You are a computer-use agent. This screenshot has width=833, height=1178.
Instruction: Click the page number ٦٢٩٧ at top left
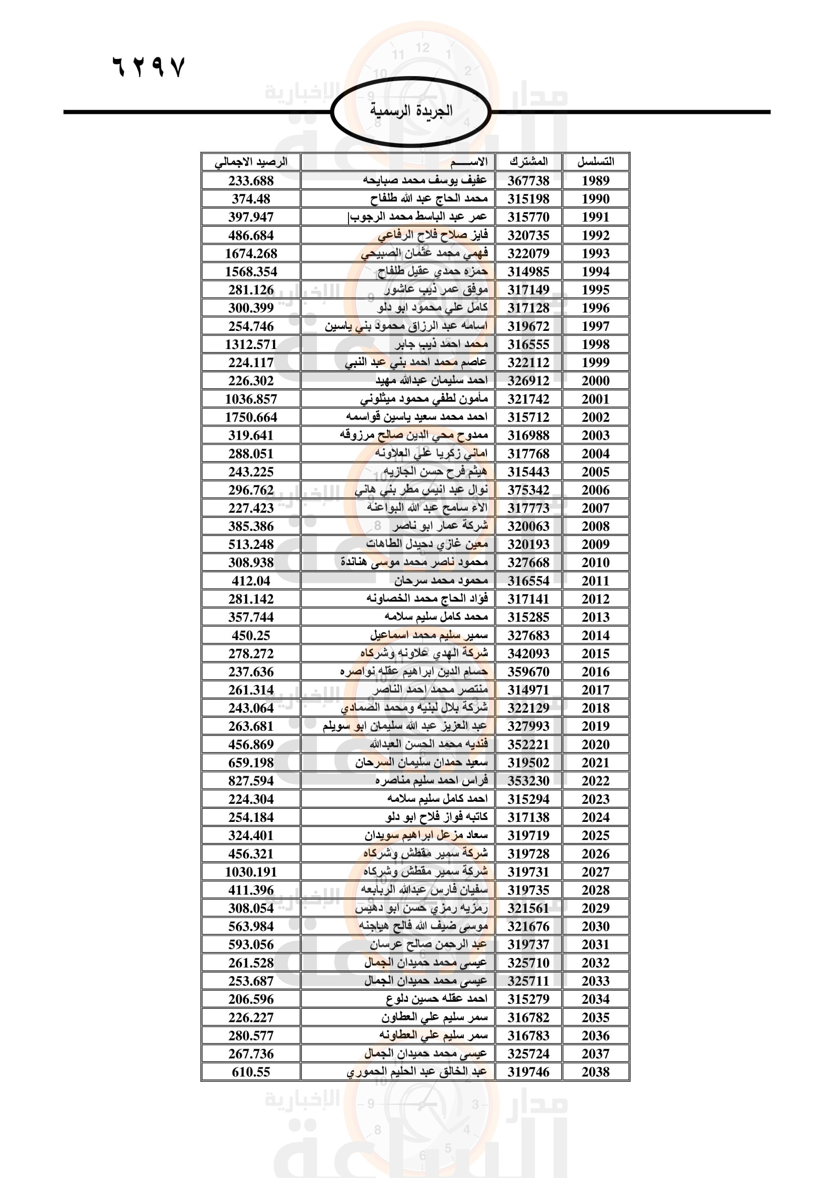tap(148, 66)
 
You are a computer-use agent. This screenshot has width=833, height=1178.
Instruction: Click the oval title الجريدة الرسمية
tap(411, 111)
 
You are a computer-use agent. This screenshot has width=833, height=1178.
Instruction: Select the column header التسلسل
tap(595, 162)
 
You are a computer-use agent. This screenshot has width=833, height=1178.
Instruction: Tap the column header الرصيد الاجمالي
tap(251, 162)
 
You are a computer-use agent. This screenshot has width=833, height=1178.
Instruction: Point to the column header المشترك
tap(528, 162)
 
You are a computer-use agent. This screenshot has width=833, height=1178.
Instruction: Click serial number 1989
tap(595, 181)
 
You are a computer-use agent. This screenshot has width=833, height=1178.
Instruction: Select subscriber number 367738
tap(528, 181)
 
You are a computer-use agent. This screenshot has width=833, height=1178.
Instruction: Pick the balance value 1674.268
tap(251, 253)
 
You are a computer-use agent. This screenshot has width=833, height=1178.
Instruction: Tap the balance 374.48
tap(251, 199)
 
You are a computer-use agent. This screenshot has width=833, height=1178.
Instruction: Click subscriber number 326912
tap(528, 381)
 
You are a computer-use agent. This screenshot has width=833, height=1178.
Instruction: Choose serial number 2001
tap(595, 399)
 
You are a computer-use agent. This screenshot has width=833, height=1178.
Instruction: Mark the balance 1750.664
tap(251, 417)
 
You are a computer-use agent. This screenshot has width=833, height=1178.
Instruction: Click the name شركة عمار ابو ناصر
tap(440, 526)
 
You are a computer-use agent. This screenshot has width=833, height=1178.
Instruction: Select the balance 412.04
tap(251, 581)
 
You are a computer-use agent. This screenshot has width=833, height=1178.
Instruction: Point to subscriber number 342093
tap(528, 654)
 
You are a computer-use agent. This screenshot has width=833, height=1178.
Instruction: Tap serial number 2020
tap(595, 744)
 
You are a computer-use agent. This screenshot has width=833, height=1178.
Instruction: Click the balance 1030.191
tap(251, 872)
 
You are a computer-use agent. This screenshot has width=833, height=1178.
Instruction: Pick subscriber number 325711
tap(528, 981)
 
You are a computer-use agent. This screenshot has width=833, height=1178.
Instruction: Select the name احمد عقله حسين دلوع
tap(436, 999)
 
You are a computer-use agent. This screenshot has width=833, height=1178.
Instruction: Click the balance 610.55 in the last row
tap(251, 1072)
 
